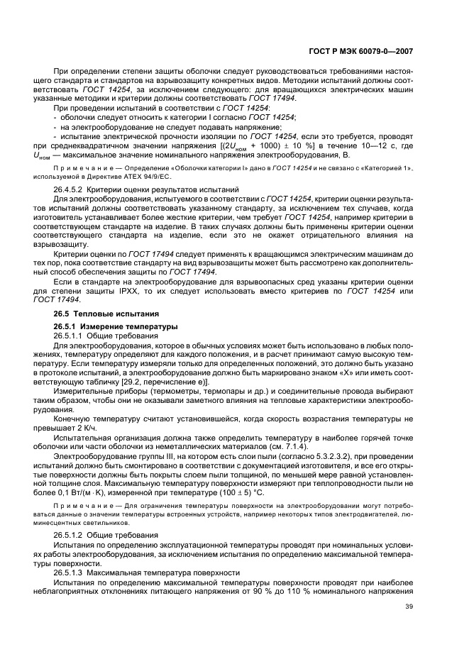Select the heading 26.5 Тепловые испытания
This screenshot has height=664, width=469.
click(x=96, y=314)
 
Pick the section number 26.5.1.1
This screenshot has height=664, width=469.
click(x=69, y=335)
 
